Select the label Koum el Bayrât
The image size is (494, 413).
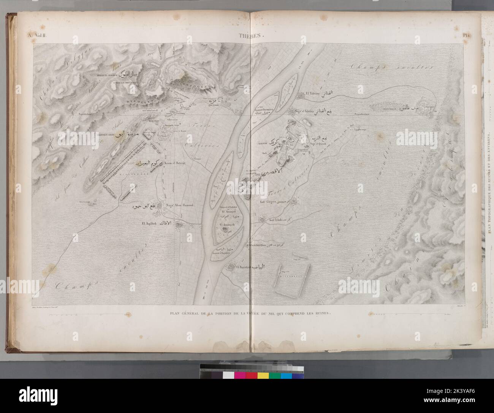pyautogui.click(x=175, y=163)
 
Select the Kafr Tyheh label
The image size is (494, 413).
pyautogui.click(x=277, y=220)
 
